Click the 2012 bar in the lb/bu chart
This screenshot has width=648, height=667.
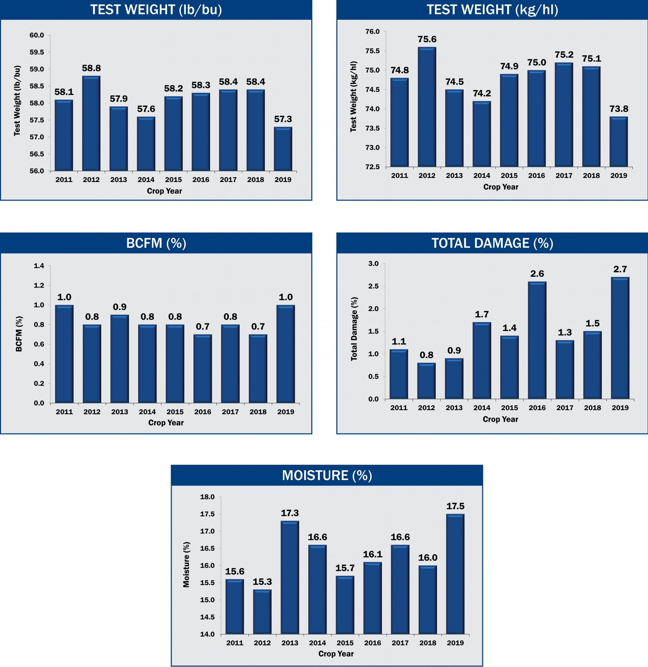(x=91, y=123)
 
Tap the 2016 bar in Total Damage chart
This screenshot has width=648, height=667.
(x=537, y=340)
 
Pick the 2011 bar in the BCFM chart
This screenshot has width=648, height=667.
(x=64, y=354)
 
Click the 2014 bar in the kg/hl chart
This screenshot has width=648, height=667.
(x=482, y=134)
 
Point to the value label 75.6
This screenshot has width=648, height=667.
(x=427, y=39)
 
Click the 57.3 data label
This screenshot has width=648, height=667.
(x=283, y=119)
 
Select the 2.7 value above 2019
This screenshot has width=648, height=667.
(x=620, y=269)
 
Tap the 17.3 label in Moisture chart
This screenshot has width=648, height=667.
(x=289, y=513)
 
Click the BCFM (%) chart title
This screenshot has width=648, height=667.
(x=156, y=243)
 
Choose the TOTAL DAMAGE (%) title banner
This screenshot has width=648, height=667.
(x=492, y=243)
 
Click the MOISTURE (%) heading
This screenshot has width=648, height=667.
(x=327, y=475)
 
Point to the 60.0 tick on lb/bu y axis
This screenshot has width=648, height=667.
(x=37, y=35)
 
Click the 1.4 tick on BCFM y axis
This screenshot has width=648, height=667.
(x=39, y=266)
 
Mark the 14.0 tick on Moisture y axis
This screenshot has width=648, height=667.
(x=207, y=634)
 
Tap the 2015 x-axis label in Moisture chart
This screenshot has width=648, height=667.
(x=345, y=643)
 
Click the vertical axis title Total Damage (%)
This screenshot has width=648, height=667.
(x=354, y=329)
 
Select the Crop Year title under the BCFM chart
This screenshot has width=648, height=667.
(x=166, y=423)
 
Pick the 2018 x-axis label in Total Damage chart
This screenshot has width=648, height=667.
(x=592, y=408)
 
